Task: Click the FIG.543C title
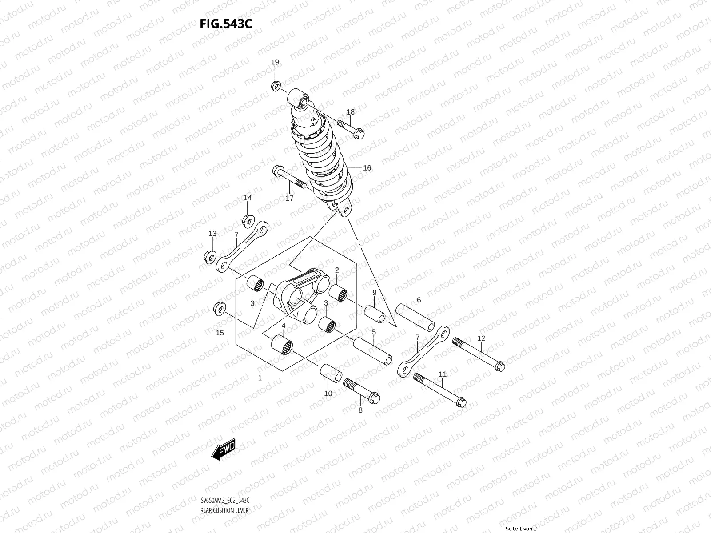tap(226, 23)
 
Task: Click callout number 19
tap(275, 62)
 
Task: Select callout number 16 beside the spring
tap(367, 168)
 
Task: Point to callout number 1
tap(260, 378)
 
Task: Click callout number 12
tap(482, 338)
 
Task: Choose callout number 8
tap(360, 410)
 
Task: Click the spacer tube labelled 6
tap(415, 318)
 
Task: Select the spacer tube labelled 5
tap(372, 350)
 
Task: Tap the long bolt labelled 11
tap(439, 389)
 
